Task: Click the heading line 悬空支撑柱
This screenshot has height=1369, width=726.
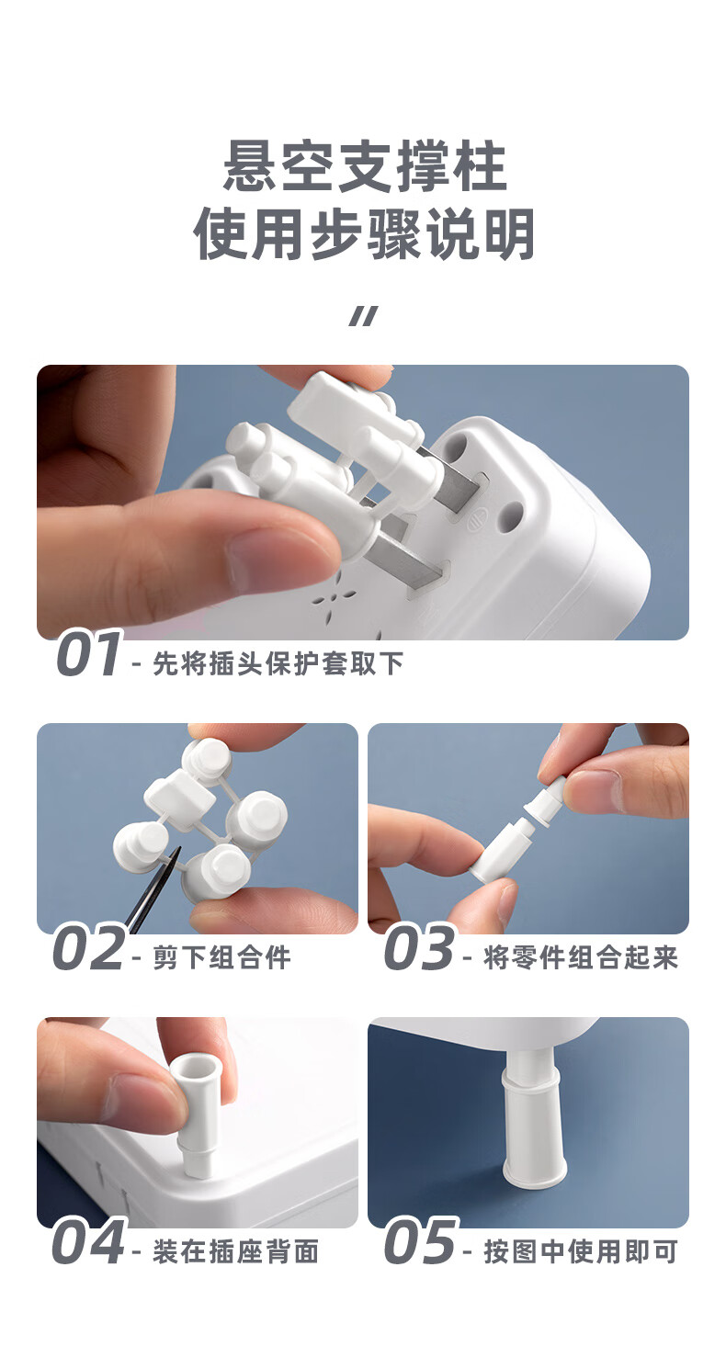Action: (x=365, y=166)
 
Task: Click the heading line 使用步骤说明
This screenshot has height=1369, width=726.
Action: (x=365, y=234)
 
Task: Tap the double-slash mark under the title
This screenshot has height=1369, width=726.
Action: (x=364, y=316)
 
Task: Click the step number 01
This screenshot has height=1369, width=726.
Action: (x=89, y=654)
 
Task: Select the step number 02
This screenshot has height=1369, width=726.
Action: (x=89, y=949)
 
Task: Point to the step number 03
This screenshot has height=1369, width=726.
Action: (x=420, y=949)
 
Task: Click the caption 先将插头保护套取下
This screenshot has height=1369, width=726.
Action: (x=278, y=663)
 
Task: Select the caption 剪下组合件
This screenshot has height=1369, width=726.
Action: (x=221, y=957)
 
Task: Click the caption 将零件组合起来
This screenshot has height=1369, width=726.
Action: (x=581, y=957)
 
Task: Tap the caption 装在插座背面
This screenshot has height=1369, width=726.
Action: (x=236, y=1251)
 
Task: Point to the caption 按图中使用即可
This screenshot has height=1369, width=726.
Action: (x=581, y=1251)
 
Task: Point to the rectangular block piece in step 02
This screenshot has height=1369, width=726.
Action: (x=180, y=798)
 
